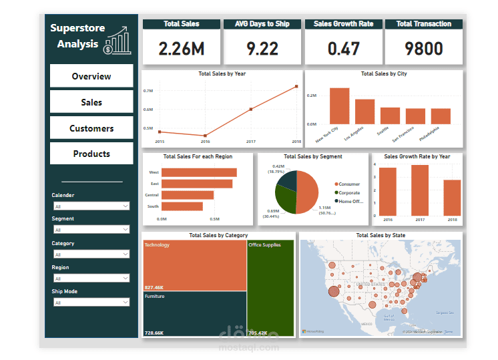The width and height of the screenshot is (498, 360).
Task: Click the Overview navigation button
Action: pyautogui.click(x=91, y=76)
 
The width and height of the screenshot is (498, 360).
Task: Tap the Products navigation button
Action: pyautogui.click(x=91, y=154)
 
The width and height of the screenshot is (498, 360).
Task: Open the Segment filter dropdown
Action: pyautogui.click(x=91, y=230)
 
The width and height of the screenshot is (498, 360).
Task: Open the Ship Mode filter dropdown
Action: pyautogui.click(x=91, y=303)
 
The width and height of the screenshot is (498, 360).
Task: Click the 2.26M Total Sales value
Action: pyautogui.click(x=182, y=49)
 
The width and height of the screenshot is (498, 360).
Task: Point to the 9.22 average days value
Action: pyautogui.click(x=262, y=49)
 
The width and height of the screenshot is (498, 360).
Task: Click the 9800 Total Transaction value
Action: pyautogui.click(x=424, y=49)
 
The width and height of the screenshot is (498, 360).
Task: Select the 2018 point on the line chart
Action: pyautogui.click(x=296, y=86)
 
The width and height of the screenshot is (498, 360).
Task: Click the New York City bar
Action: pyautogui.click(x=339, y=106)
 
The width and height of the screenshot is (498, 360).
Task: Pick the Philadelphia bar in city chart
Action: pyautogui.click(x=441, y=116)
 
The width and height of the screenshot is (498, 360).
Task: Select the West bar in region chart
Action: pyautogui.click(x=199, y=172)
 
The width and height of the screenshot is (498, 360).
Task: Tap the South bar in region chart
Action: pyautogui.click(x=182, y=206)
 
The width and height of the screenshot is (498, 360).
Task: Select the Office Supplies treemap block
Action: pyautogui.click(x=270, y=287)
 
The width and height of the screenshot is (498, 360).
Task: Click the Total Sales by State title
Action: pyautogui.click(x=381, y=235)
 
